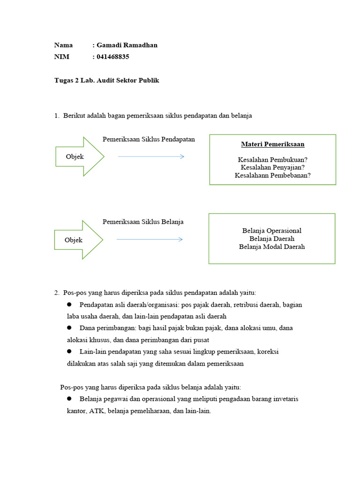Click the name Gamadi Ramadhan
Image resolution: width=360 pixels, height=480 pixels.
click(127, 45)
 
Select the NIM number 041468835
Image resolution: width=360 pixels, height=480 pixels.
click(112, 57)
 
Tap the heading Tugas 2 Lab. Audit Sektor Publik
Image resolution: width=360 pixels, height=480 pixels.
click(107, 81)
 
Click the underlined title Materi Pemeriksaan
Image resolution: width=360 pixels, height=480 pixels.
click(273, 144)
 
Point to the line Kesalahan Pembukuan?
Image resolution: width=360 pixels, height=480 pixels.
click(273, 159)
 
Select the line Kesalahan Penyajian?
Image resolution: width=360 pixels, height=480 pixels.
click(273, 167)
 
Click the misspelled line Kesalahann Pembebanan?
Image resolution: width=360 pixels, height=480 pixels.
click(273, 175)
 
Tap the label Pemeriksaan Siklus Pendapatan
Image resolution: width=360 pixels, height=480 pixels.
click(149, 139)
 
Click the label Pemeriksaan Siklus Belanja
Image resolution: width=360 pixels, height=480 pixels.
click(143, 222)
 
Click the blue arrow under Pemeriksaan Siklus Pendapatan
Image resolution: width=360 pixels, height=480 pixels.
click(151, 157)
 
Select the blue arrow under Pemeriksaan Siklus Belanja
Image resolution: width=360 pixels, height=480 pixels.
click(149, 240)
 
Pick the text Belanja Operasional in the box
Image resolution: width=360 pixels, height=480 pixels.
click(272, 231)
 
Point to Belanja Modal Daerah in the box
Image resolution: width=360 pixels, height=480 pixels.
click(272, 247)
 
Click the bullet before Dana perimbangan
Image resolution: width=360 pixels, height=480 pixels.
click(69, 328)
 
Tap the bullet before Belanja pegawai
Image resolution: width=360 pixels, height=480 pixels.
click(69, 399)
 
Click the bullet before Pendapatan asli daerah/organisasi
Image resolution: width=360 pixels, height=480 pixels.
click(69, 305)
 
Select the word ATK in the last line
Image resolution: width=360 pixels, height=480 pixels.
click(96, 411)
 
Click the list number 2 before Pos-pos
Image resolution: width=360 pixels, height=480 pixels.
click(56, 293)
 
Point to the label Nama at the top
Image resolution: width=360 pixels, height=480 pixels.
click(63, 45)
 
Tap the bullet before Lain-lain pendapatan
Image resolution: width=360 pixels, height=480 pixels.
click(69, 351)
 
